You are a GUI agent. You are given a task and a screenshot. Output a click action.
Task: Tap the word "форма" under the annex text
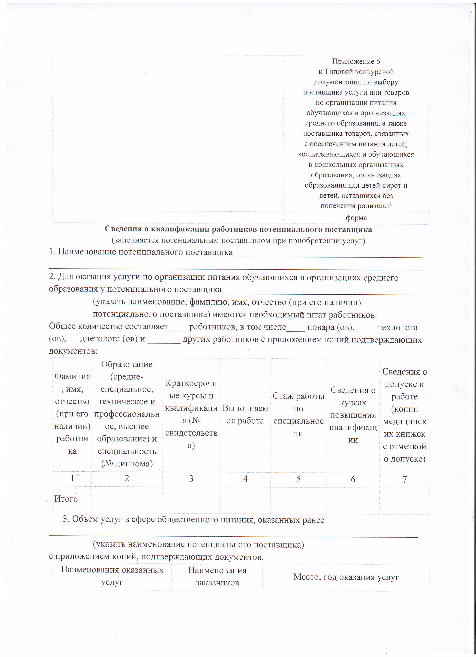tap(356, 218)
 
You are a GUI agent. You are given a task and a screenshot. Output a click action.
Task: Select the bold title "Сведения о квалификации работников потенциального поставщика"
tap(238, 229)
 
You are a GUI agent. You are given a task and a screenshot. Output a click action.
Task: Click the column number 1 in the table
tap(72, 478)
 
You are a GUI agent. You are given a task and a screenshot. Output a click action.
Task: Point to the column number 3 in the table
tap(191, 479)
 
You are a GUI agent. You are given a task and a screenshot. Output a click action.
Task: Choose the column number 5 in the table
tap(298, 479)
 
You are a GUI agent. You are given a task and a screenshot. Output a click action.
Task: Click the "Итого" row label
tap(66, 499)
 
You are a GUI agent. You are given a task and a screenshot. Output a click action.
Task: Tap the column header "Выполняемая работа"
tap(245, 414)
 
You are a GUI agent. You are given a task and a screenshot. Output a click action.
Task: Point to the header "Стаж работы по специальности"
tap(298, 414)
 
